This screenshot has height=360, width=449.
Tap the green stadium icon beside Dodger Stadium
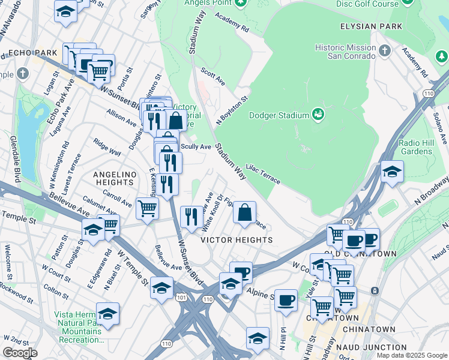coord(318,115)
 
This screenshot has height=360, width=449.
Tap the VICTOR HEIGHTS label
coord(237,240)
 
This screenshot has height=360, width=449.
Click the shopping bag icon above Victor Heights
coord(245,212)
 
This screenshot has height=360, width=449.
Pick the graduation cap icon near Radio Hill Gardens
coord(392,172)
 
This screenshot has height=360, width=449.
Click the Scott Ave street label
coord(212,76)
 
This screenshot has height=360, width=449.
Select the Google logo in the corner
coord(20,353)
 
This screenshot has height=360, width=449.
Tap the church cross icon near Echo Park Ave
coord(23,74)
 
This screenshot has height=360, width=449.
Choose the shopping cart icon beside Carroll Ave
coord(147,209)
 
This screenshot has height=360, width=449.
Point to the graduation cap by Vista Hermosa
coord(107,314)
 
